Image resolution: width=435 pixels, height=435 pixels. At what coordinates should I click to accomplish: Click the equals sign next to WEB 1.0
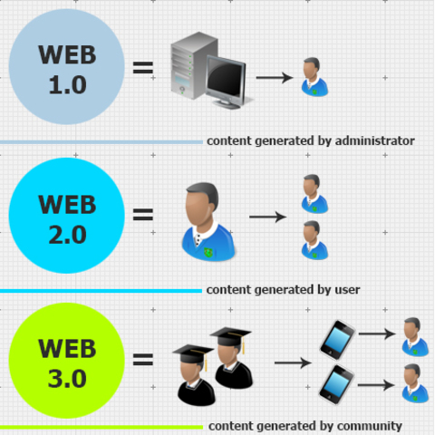click(x=143, y=68)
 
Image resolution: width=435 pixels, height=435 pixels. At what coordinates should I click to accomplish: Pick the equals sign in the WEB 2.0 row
click(x=143, y=216)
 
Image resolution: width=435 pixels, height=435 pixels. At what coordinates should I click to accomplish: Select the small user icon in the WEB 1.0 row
click(x=313, y=77)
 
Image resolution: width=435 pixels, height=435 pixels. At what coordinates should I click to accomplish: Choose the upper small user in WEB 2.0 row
click(x=313, y=193)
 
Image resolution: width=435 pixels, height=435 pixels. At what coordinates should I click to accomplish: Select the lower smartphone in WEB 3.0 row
click(x=334, y=385)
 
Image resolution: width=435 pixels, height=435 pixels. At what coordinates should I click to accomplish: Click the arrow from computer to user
click(x=274, y=78)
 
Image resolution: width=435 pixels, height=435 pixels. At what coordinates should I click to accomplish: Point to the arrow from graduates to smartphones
click(x=293, y=363)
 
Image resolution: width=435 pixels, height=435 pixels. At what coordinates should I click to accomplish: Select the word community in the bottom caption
click(x=372, y=425)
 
